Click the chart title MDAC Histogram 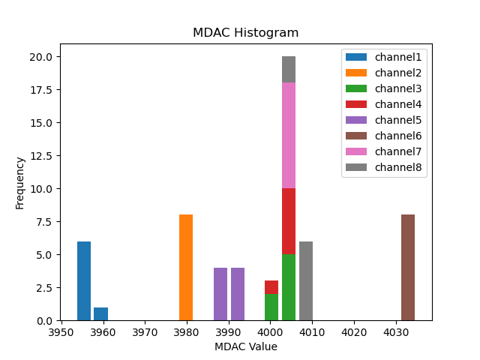pos(245,33)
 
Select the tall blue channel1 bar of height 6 pos(84,281)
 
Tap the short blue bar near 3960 pos(101,313)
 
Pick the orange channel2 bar pos(186,268)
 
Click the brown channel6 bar pos(408,268)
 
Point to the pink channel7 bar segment pos(289,136)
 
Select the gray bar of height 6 pos(306,281)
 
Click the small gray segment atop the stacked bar pos(289,70)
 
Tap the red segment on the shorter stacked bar pos(271,287)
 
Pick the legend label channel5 pos(399,120)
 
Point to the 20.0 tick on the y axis pos(40,57)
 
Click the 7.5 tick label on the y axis pos(43,222)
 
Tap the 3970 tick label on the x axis pos(145,331)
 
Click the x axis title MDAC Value pos(245,346)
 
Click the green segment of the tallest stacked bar pos(289,287)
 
